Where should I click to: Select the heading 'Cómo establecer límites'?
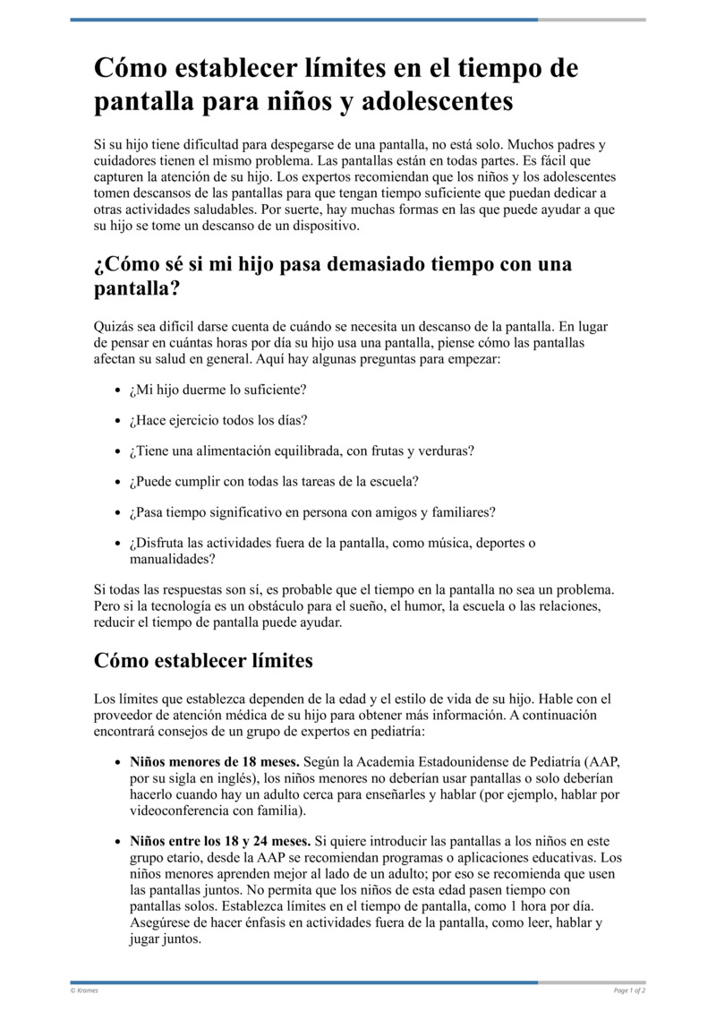click(203, 661)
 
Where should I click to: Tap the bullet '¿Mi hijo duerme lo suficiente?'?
click(217, 390)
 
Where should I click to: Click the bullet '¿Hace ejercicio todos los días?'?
click(218, 420)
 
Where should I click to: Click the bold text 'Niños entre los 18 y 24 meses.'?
click(220, 841)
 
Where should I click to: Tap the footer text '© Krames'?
click(84, 991)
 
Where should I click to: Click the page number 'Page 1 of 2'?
click(629, 991)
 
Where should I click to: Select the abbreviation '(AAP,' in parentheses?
click(598, 762)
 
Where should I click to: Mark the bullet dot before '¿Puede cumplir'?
click(120, 482)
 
